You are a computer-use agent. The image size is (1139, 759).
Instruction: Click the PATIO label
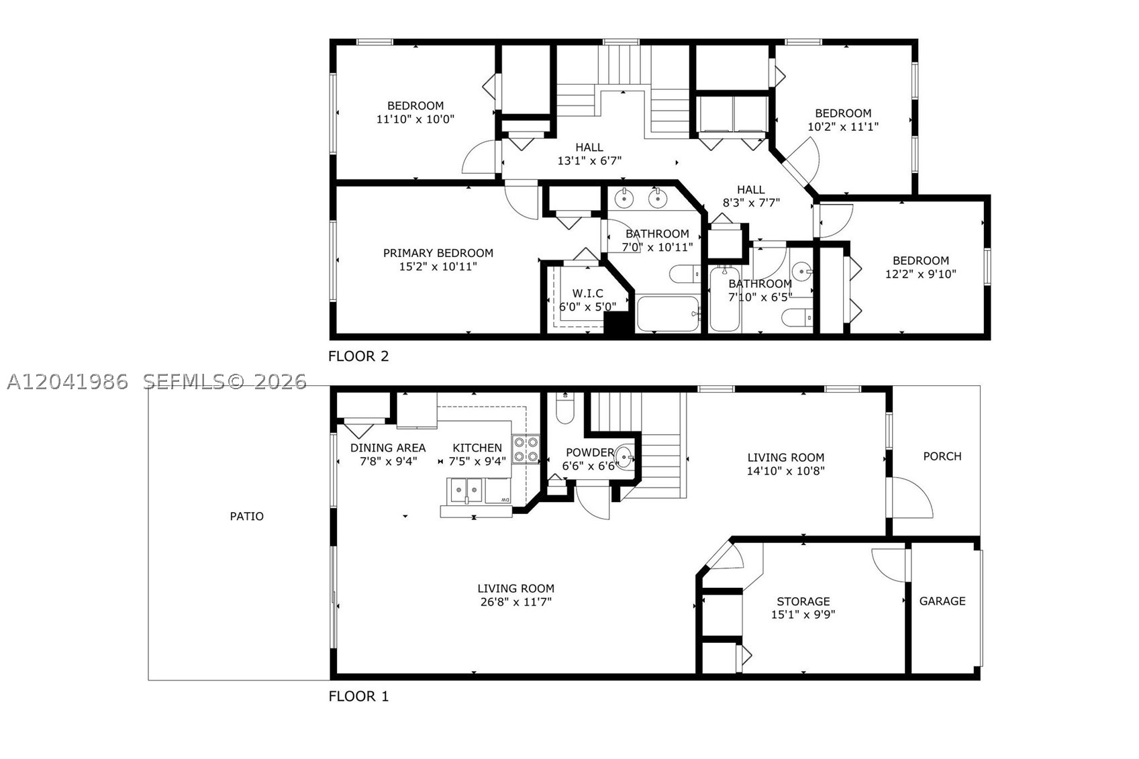click(246, 517)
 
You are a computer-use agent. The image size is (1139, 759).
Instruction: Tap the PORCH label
click(942, 456)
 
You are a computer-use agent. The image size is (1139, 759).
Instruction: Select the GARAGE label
click(942, 601)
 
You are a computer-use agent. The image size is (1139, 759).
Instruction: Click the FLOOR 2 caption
click(358, 356)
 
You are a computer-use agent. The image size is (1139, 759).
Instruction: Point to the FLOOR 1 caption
click(358, 697)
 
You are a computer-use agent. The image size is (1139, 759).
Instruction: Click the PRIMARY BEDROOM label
click(438, 253)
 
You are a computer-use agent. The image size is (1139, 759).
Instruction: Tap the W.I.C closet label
click(588, 293)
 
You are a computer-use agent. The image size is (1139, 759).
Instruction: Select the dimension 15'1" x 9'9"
click(803, 615)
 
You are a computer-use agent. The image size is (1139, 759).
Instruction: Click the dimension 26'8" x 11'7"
click(516, 602)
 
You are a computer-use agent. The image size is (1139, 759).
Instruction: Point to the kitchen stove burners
click(526, 449)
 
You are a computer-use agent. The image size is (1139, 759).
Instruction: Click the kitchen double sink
click(466, 491)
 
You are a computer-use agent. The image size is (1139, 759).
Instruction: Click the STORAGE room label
click(803, 601)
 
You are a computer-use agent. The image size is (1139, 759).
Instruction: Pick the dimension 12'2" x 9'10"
click(921, 274)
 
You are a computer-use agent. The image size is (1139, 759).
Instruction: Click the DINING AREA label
click(388, 448)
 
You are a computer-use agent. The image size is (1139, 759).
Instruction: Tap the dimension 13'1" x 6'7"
click(589, 161)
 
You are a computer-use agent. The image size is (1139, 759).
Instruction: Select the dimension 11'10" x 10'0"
click(415, 119)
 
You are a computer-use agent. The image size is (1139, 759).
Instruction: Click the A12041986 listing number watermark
click(67, 382)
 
